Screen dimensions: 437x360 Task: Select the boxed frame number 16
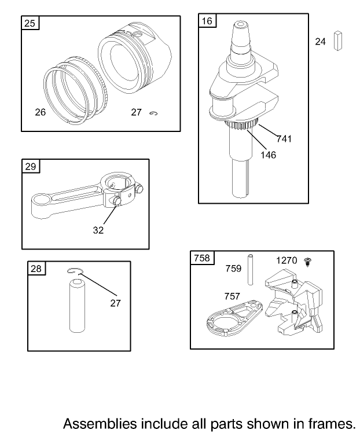pos(207,21)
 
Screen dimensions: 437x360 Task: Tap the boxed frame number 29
pos(30,167)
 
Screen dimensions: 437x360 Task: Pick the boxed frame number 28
pos(36,269)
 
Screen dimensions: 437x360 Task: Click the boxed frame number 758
pos(201,258)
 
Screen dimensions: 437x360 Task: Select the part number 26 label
pos(40,112)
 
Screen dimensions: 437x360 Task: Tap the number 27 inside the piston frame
pos(136,112)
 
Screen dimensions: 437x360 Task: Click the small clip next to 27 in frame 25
pos(153,113)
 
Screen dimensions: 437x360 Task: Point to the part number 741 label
pos(284,139)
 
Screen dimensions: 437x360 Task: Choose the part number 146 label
pos(268,155)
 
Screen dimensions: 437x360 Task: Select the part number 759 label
pos(233,268)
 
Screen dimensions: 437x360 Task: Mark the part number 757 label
pos(233,296)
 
